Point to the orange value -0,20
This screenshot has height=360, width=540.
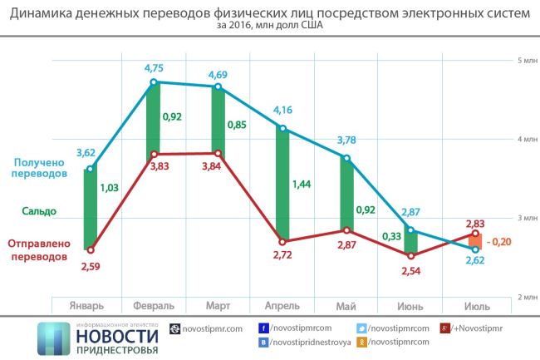pos(500,241)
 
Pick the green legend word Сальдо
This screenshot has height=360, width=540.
pos(39,211)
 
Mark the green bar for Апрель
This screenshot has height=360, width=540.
pos(283,185)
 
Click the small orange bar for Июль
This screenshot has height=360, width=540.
pos(474,242)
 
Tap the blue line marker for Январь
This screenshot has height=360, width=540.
pos(91,170)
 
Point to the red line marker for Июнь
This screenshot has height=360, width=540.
pos(410,255)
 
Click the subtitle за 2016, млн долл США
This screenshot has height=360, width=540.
pos(270,26)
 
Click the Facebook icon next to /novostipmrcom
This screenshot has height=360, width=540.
pos(263,328)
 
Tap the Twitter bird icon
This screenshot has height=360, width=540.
pos(361,328)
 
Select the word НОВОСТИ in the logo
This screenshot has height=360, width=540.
pos(116,335)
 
